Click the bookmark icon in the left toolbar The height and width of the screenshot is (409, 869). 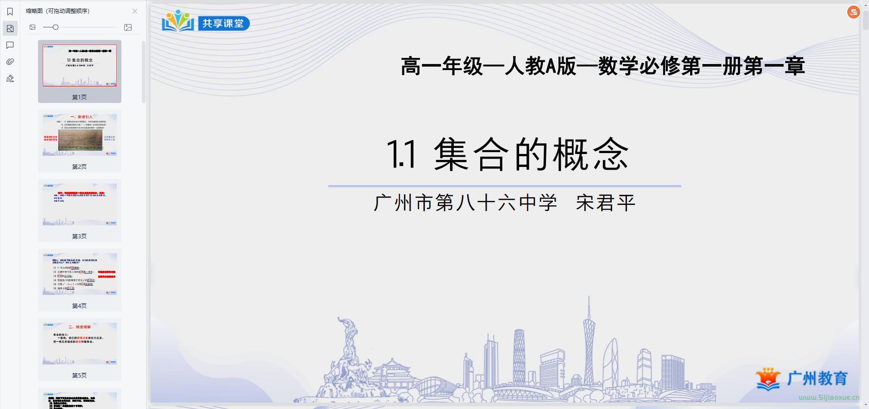point(10,12)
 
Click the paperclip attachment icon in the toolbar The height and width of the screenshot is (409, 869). point(10,62)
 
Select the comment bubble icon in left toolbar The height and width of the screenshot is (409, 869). point(10,45)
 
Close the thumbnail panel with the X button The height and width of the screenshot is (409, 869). point(135,11)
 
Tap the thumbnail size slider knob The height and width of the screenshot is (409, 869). point(56,27)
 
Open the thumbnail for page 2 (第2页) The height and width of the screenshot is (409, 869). point(80,135)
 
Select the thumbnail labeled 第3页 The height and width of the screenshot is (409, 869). point(80,204)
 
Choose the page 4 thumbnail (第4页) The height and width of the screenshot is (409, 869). point(80,274)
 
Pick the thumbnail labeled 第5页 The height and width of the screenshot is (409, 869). point(80,344)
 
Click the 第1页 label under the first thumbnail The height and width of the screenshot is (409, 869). point(79,97)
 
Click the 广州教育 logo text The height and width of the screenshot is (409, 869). point(818,378)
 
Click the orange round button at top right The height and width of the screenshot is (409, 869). point(853,13)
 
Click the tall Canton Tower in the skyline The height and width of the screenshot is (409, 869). point(589,343)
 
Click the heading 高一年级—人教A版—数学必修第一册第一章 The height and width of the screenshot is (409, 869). point(603,66)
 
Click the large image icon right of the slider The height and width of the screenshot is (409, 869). point(128,27)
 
